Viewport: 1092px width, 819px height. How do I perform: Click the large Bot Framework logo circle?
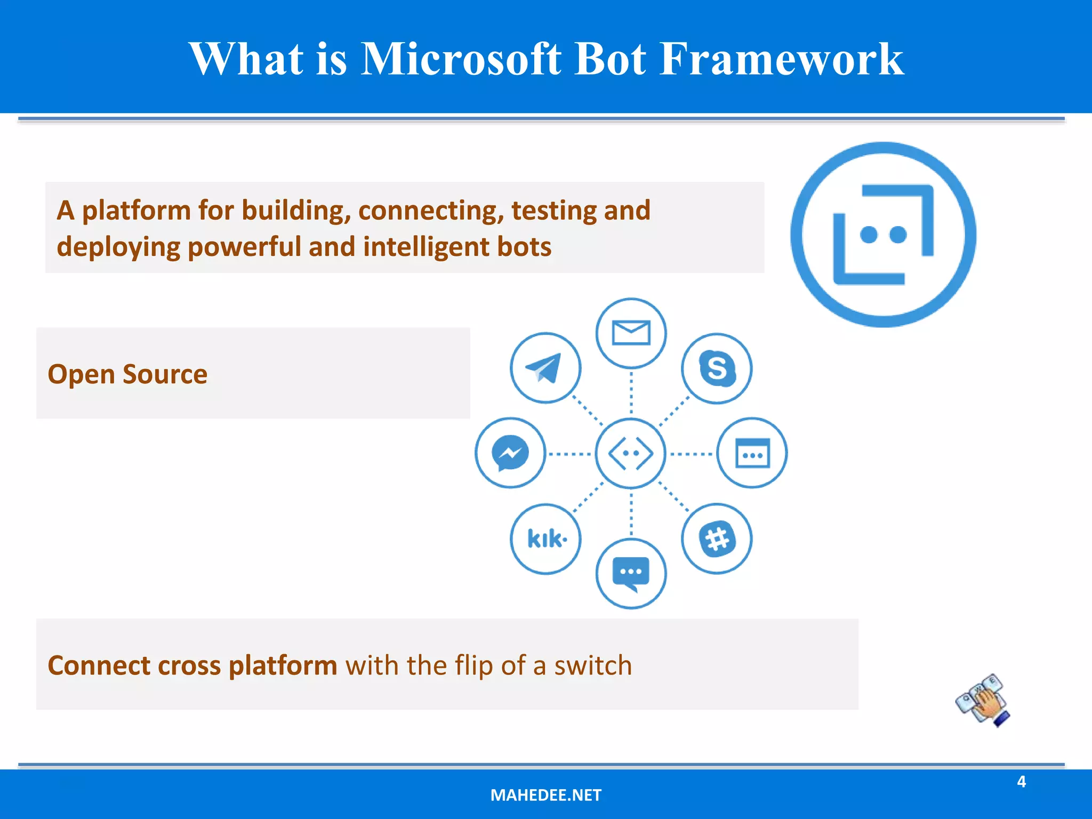coord(883,235)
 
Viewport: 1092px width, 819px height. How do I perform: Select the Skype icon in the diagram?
coord(717,368)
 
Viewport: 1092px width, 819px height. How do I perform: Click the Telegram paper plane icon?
coord(545,368)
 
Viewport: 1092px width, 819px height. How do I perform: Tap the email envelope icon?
coord(631,333)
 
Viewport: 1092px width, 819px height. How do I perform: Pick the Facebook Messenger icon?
coord(510,453)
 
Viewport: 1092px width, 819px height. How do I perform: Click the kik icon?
coord(545,539)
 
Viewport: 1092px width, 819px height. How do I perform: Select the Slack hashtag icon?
coord(717,539)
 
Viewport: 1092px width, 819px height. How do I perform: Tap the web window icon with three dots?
coord(752,453)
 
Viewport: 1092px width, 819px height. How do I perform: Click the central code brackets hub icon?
coord(631,453)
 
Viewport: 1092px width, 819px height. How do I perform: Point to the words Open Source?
coord(127,374)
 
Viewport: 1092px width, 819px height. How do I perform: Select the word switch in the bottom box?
coord(593,665)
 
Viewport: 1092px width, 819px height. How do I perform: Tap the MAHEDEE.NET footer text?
coord(545,795)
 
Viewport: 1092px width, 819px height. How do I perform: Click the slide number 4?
coord(1021,782)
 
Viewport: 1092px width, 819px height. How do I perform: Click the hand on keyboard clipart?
coord(983,701)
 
